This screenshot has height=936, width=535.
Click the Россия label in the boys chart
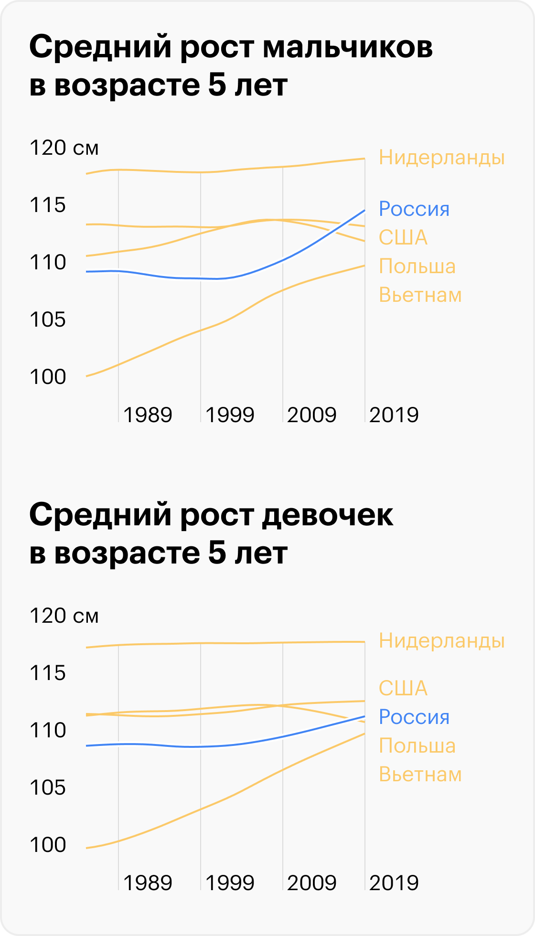pos(414,209)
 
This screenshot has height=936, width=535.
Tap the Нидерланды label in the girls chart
pos(441,640)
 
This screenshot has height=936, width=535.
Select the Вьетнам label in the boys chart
pos(420,295)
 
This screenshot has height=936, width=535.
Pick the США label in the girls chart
pos(403,688)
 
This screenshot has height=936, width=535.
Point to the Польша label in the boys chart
pos(417,266)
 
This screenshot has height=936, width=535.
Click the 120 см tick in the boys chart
pos(64,148)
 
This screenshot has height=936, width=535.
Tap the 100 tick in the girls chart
pos(48,844)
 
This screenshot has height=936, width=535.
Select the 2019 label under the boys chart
pos(394,415)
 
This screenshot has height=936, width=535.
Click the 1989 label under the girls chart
pos(147,883)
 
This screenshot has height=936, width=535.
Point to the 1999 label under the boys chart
pos(230,415)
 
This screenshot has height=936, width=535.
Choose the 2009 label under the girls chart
pos(311,883)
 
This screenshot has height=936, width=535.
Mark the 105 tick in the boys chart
pos(48,319)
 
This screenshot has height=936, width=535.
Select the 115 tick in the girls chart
pos(48,673)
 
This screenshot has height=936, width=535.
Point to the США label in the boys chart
pos(403,238)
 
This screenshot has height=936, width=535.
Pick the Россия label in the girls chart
pos(414,717)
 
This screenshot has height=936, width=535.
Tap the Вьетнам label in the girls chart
pos(420,774)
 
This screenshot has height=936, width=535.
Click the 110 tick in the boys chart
pos(48,262)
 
